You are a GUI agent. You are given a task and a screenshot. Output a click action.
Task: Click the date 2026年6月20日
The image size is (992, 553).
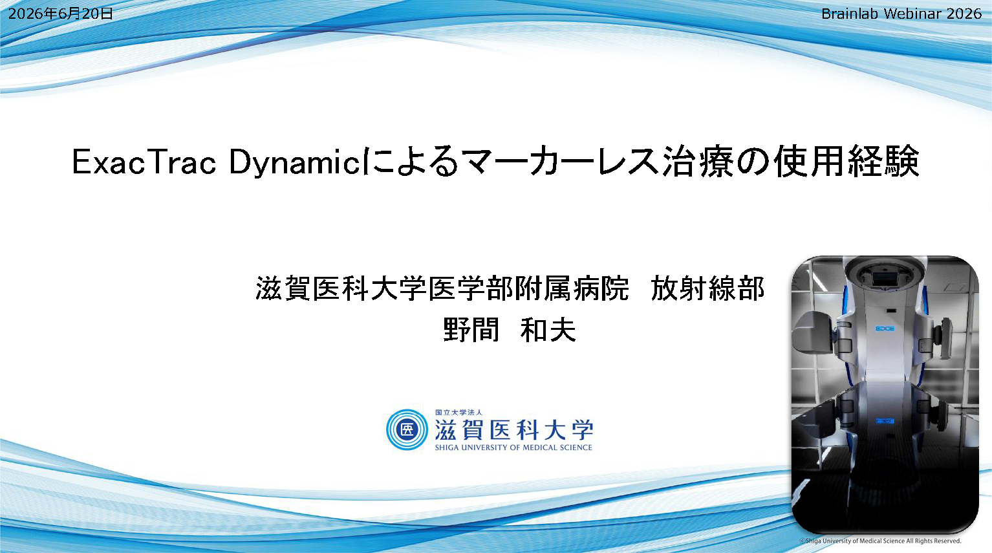click(x=61, y=14)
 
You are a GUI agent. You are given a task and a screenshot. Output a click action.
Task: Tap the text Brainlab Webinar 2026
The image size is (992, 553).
click(x=901, y=14)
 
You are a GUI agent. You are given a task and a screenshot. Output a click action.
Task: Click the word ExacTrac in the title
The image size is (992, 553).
click(x=144, y=162)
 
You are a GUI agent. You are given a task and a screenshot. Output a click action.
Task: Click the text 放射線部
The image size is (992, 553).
click(x=707, y=288)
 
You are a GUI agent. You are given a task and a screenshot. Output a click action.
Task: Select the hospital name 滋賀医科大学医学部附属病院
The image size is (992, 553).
click(x=442, y=288)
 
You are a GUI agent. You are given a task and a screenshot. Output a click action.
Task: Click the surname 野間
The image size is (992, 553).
click(x=471, y=330)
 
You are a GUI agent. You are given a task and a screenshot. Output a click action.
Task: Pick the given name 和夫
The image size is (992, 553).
click(x=548, y=330)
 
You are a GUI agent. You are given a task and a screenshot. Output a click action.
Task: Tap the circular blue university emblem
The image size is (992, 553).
click(x=407, y=429)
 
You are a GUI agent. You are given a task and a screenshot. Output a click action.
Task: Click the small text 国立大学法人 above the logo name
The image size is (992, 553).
click(x=458, y=412)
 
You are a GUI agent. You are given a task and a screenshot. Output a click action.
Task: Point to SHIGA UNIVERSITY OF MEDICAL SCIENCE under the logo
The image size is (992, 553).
click(x=513, y=448)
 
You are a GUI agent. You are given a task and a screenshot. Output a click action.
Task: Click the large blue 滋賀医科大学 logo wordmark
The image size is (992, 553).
click(x=513, y=429)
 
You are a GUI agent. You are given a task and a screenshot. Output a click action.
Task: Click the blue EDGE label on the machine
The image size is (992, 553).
click(x=885, y=329)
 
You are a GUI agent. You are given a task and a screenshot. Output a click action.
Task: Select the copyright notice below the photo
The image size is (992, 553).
click(x=880, y=541)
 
